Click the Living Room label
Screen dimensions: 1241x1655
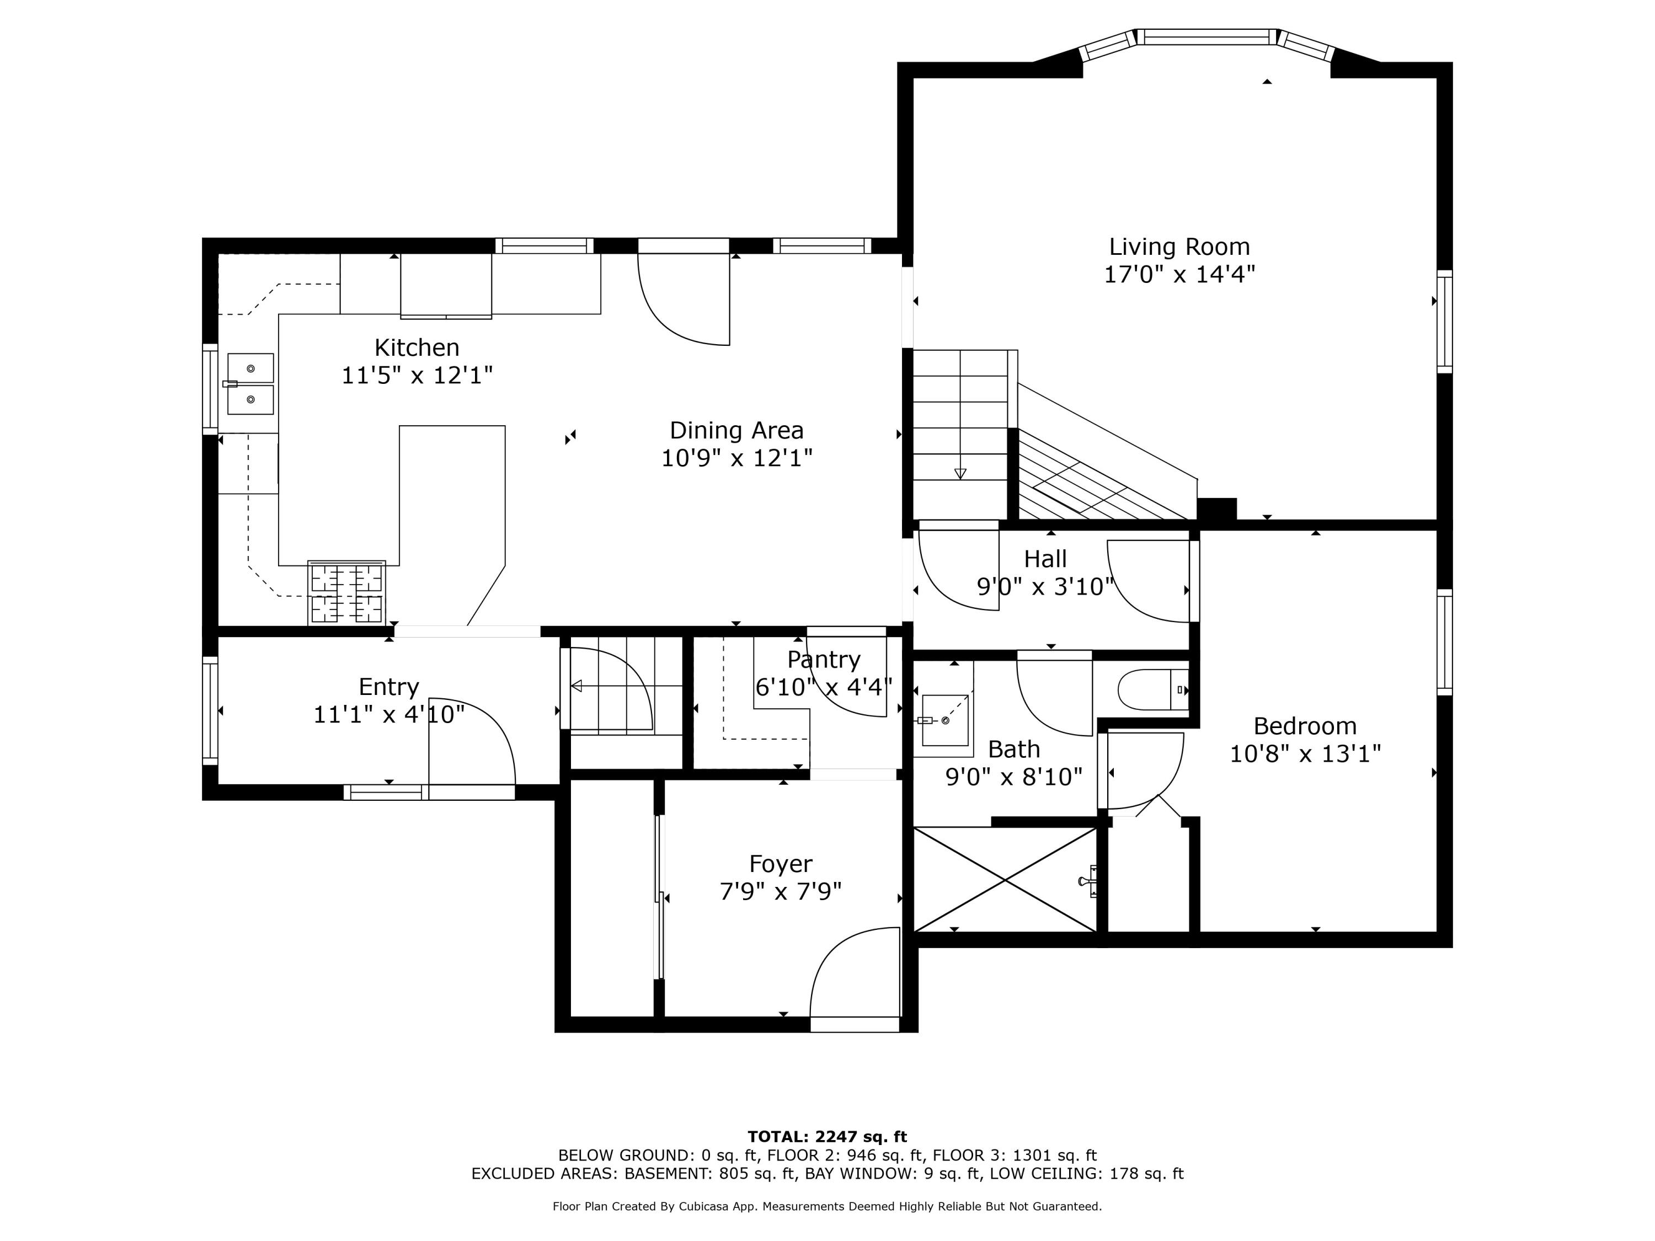[x=1179, y=247]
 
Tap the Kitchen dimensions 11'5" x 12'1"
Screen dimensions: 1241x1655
[x=417, y=375]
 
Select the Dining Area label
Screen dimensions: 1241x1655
[x=736, y=430]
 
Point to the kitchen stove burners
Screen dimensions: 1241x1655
[x=346, y=592]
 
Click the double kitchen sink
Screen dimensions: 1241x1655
[x=250, y=384]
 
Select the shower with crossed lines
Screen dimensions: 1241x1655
[x=1005, y=879]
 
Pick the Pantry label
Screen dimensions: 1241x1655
[x=824, y=660]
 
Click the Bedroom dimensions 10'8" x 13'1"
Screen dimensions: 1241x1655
[x=1305, y=753]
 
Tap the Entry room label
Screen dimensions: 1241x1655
[x=388, y=687]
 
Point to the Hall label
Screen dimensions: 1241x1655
[x=1045, y=559]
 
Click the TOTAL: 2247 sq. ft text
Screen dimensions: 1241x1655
[x=827, y=1137]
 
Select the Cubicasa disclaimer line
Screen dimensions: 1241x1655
[x=827, y=1206]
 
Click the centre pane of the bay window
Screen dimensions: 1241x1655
[x=1207, y=36]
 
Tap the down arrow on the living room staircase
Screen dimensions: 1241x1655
[x=960, y=473]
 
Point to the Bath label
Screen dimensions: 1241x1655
[x=1014, y=749]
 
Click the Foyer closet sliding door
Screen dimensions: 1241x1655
[x=659, y=897]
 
